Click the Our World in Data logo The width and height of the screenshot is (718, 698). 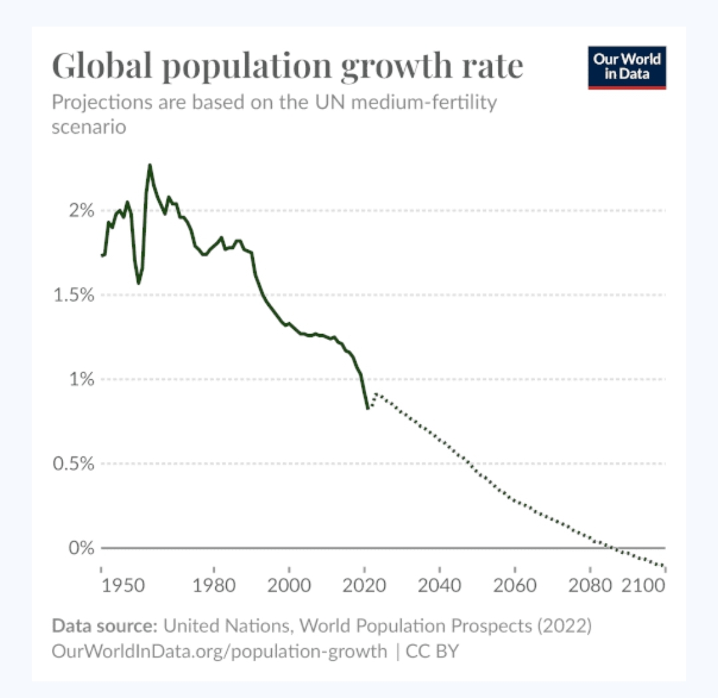626,67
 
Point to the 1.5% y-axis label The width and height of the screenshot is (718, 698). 74,295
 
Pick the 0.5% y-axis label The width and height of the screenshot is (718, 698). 74,464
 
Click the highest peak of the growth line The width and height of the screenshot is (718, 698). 150,165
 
